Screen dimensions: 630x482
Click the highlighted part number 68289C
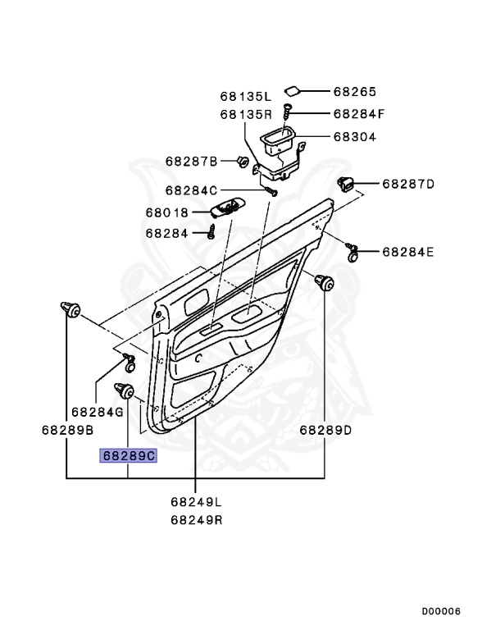tap(127, 455)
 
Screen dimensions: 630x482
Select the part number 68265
tap(354, 92)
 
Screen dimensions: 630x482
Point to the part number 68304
tap(354, 137)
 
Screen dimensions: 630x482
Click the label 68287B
tap(191, 161)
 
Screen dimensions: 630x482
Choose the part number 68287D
tap(407, 183)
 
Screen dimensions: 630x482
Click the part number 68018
tap(167, 212)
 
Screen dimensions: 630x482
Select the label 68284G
tap(97, 412)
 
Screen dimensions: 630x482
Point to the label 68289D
tap(325, 430)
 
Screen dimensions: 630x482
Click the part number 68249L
tap(197, 501)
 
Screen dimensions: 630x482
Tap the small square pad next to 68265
tap(292, 91)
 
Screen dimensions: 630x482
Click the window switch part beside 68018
tap(226, 208)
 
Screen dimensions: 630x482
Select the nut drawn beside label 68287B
tap(243, 161)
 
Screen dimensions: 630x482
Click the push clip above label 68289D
tap(325, 283)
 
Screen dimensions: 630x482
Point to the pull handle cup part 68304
tap(279, 146)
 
